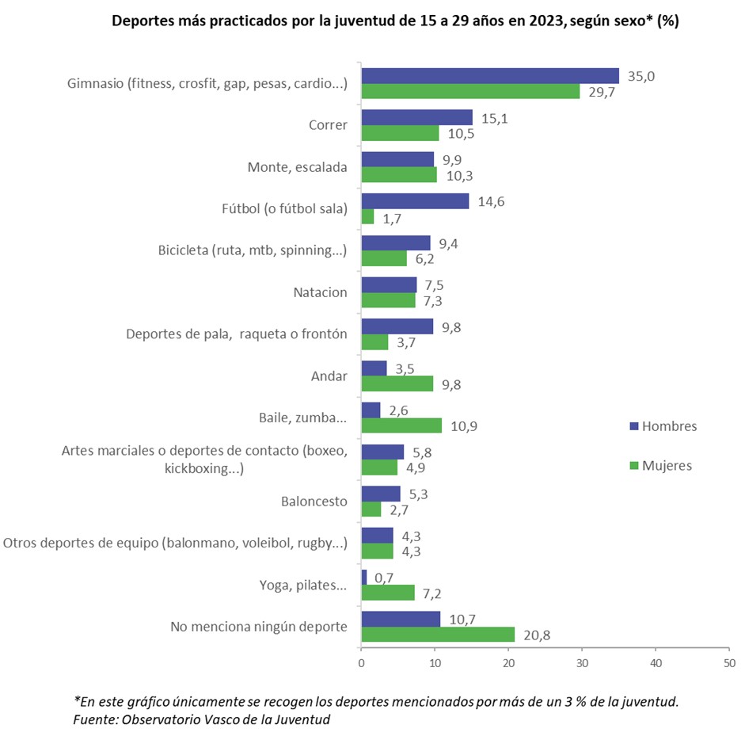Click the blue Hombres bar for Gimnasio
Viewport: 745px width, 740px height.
[x=490, y=76]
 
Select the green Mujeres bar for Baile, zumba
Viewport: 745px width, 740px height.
[x=401, y=425]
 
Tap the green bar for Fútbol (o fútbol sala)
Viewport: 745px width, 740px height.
[x=367, y=216]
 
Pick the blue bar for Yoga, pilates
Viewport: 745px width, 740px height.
[x=364, y=578]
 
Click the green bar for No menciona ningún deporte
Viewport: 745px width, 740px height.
[x=438, y=634]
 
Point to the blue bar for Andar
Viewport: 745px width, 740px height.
[x=374, y=368]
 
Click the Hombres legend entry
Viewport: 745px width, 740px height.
[x=662, y=426]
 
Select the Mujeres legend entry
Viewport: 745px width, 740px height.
[x=660, y=465]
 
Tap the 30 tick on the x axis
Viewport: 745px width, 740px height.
[x=582, y=662]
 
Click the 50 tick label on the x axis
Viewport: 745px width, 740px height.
[x=728, y=662]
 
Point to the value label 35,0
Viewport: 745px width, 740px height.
[x=640, y=76]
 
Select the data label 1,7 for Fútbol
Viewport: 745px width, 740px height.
[x=393, y=216]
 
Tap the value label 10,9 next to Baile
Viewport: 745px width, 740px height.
[x=463, y=426]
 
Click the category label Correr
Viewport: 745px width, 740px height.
[x=328, y=125]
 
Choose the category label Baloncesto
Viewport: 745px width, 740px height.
[x=314, y=502]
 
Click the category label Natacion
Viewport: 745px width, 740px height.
[x=320, y=292]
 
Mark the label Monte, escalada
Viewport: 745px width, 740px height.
[x=298, y=167]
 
